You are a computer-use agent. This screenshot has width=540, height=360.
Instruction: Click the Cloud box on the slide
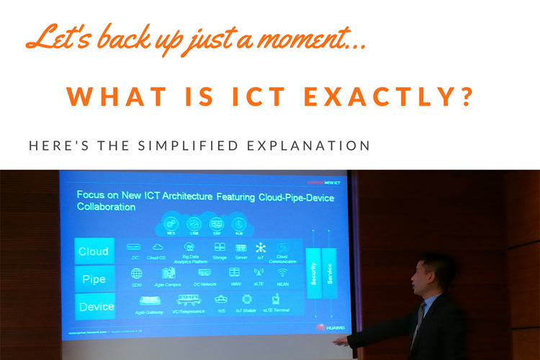(x=94, y=251)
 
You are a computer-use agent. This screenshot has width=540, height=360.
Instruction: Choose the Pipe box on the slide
(x=95, y=279)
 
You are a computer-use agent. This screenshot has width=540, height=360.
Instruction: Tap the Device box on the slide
(x=96, y=307)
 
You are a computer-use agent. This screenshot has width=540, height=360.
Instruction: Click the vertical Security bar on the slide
(x=313, y=275)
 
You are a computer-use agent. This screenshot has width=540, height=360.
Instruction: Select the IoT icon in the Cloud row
(x=261, y=248)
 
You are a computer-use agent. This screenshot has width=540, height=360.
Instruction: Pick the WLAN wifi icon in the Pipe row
(x=282, y=274)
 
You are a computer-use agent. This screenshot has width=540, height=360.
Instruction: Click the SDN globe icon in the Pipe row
(x=136, y=274)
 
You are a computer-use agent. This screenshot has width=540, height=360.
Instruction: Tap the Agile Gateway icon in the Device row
(x=148, y=300)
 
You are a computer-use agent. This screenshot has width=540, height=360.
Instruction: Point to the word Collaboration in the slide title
(x=106, y=207)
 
